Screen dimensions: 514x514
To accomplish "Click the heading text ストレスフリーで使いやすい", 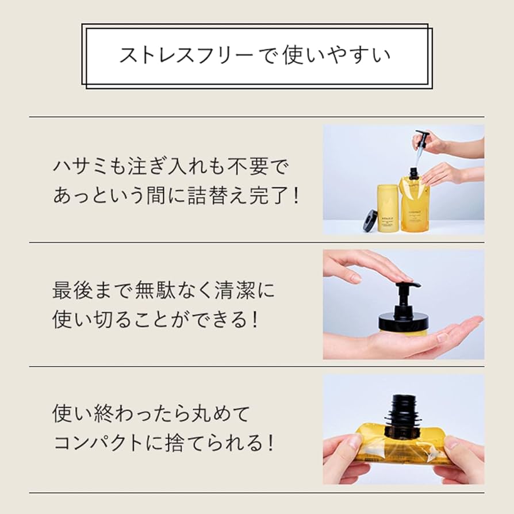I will [x=255, y=55].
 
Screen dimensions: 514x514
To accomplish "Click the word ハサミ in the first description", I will [x=76, y=167].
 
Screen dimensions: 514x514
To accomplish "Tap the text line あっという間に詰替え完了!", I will [x=176, y=195].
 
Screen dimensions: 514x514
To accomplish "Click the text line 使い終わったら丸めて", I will [x=152, y=413].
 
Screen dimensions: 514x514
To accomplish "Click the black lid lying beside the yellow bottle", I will [x=370, y=220].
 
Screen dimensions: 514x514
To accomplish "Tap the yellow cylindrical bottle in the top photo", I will [x=388, y=208].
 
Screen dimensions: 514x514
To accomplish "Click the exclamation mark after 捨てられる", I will [x=269, y=442].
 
